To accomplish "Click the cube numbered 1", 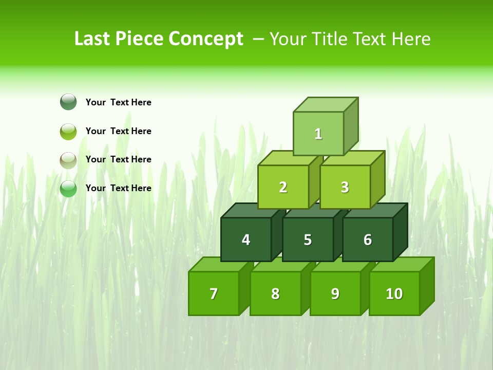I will pyautogui.click(x=318, y=134).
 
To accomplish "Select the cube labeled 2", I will pyautogui.click(x=283, y=187).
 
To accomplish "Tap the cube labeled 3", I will pyautogui.click(x=345, y=187).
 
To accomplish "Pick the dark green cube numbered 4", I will pyautogui.click(x=246, y=239).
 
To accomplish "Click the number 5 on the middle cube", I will pyautogui.click(x=308, y=240).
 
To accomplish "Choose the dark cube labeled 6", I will pyautogui.click(x=368, y=239).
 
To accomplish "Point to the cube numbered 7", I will pyautogui.click(x=214, y=293).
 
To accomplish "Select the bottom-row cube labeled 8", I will pyautogui.click(x=275, y=293).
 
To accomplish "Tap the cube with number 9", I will pyautogui.click(x=335, y=293).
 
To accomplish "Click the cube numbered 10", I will pyautogui.click(x=394, y=293).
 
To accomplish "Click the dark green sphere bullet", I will pyautogui.click(x=68, y=102).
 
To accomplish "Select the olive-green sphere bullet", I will pyautogui.click(x=68, y=131).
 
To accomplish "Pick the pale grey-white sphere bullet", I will pyautogui.click(x=68, y=160).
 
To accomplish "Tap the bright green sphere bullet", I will pyautogui.click(x=68, y=189).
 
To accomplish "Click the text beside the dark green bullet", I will pyautogui.click(x=119, y=102).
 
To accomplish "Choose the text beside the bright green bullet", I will pyautogui.click(x=119, y=188).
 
